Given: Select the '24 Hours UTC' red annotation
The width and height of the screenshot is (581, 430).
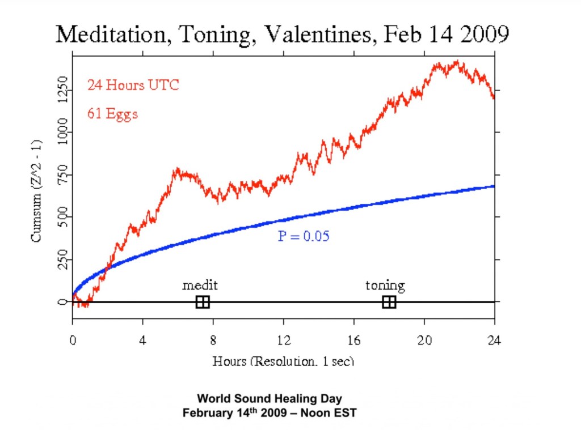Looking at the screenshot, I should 133,85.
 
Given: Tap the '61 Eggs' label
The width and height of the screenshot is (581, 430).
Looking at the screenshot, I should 112,113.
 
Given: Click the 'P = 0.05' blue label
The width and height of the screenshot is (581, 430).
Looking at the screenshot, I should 304,236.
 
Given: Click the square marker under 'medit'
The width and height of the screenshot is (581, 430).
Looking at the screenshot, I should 203,302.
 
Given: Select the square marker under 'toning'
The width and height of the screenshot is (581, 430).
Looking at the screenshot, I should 389,302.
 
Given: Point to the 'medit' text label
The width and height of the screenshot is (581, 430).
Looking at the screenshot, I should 200,285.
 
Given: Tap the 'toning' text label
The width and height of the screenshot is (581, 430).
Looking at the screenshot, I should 385,285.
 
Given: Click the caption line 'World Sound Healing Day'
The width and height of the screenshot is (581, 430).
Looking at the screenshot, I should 270,398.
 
